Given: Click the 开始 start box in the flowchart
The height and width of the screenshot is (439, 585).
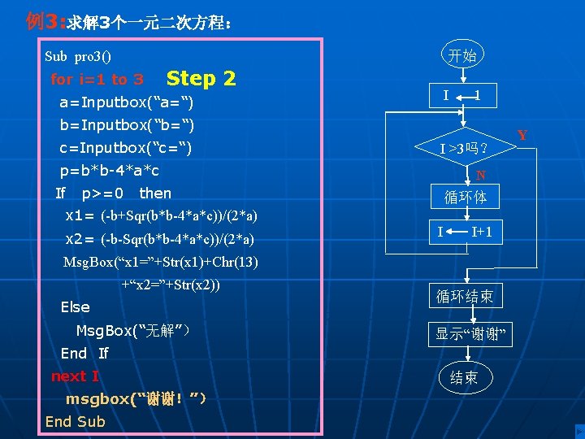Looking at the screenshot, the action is pos(463,56).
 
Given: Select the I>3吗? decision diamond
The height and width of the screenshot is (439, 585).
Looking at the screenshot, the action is pos(464,149).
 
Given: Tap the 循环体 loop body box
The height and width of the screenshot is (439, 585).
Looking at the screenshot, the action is pos(465,197).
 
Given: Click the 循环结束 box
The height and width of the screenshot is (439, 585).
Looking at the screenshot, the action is pos(465,296).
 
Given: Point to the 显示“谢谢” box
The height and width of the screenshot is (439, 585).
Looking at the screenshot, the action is pos(470,333).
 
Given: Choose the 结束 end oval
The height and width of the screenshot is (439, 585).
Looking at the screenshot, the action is pos(464,377).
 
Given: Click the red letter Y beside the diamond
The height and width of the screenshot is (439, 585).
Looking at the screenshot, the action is pos(523,135).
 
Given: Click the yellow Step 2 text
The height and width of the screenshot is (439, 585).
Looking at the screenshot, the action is pos(201,78).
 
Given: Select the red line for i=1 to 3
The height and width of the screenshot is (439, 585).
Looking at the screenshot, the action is pos(97,80).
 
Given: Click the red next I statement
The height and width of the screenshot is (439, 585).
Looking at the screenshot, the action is pos(75,376).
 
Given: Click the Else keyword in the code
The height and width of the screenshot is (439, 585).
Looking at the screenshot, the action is pos(76,306).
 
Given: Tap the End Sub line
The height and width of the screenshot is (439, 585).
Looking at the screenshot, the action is pos(75,421).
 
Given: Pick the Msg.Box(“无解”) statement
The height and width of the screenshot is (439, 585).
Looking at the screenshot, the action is pos(135,331).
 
